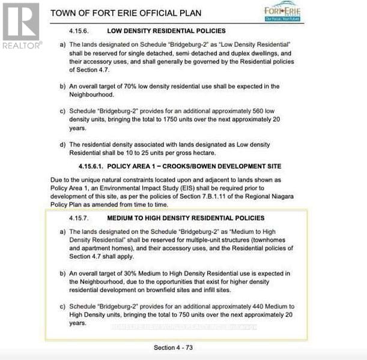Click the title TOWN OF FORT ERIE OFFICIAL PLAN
coord(126,13)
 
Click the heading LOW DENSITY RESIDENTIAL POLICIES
coord(166,31)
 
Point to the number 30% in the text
coord(144,274)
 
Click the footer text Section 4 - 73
coord(173,347)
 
